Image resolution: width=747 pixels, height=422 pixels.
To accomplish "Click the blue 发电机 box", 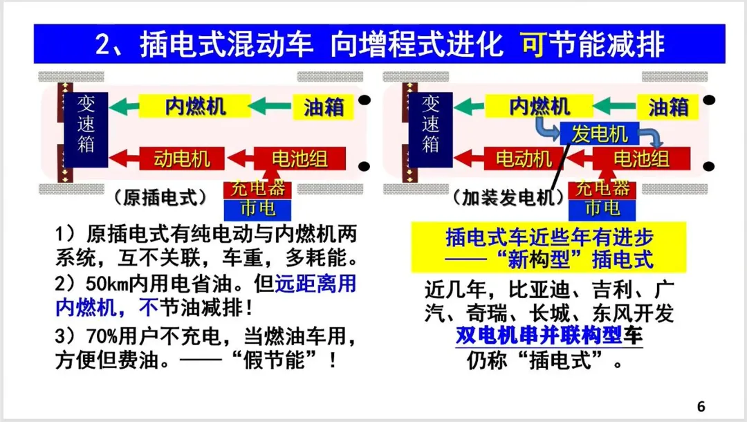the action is [599, 134].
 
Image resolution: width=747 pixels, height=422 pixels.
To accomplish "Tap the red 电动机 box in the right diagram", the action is [524, 158].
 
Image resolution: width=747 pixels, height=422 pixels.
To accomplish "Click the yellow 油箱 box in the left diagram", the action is [324, 107].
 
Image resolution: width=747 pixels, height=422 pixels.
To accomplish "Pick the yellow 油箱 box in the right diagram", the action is [668, 107].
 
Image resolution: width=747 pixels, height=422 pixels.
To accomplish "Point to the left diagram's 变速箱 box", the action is [86, 129].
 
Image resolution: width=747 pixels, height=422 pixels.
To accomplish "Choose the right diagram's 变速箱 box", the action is [430, 129].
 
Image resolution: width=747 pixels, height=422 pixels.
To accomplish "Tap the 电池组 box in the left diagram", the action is [299, 158].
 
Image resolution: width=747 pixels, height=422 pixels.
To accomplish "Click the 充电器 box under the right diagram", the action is [602, 188].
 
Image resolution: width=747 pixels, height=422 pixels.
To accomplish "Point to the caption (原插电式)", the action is [160, 197].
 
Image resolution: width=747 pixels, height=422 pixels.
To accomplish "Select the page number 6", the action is [701, 406].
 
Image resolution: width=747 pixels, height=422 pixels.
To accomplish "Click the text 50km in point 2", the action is [111, 284].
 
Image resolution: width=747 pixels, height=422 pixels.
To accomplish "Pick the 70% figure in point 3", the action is [112, 337].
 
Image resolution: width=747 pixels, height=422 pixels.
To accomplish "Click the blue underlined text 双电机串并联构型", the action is [539, 336].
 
